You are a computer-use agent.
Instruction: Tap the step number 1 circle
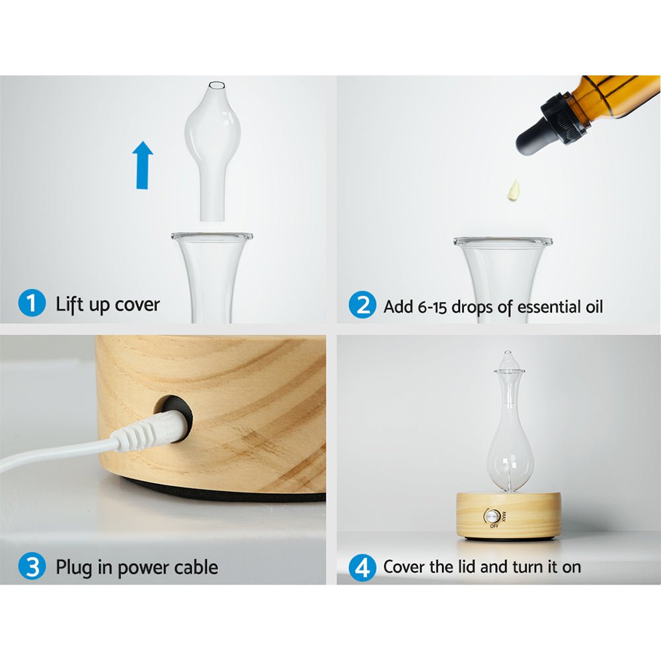tap(31, 305)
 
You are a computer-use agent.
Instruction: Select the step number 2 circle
tap(362, 306)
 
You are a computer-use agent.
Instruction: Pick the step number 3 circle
tap(31, 566)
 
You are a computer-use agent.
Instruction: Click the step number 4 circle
tap(362, 567)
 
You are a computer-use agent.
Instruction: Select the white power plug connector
tap(149, 433)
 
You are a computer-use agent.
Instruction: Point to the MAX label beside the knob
tap(504, 517)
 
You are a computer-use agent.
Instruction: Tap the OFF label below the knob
tap(493, 527)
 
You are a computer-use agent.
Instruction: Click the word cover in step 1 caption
tap(137, 305)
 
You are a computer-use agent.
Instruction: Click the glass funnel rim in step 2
tap(502, 243)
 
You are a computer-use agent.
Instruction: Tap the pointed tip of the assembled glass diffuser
tap(508, 354)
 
